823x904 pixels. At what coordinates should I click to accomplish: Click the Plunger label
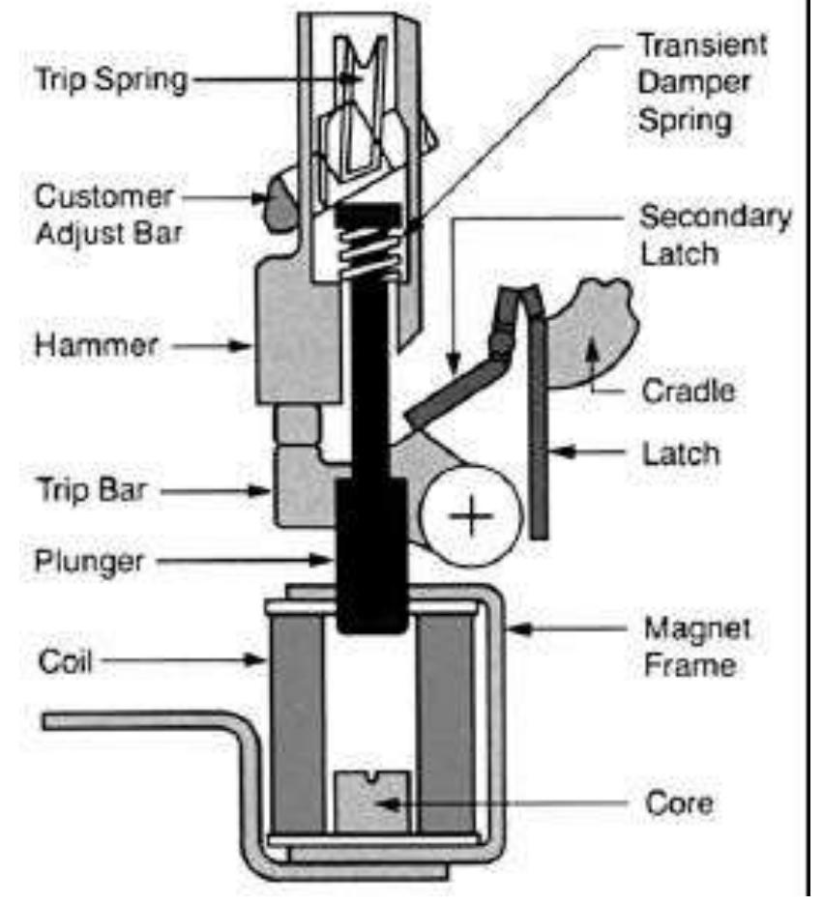pos(89,560)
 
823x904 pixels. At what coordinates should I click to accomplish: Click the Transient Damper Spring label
pos(701,83)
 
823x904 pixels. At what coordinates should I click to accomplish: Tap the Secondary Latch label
pos(714,235)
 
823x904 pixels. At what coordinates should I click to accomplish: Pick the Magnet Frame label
pos(696,646)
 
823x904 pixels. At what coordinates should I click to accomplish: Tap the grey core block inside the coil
pos(370,802)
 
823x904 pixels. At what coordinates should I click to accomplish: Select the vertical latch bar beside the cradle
pos(538,425)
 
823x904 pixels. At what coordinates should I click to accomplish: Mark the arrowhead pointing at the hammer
pos(247,342)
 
